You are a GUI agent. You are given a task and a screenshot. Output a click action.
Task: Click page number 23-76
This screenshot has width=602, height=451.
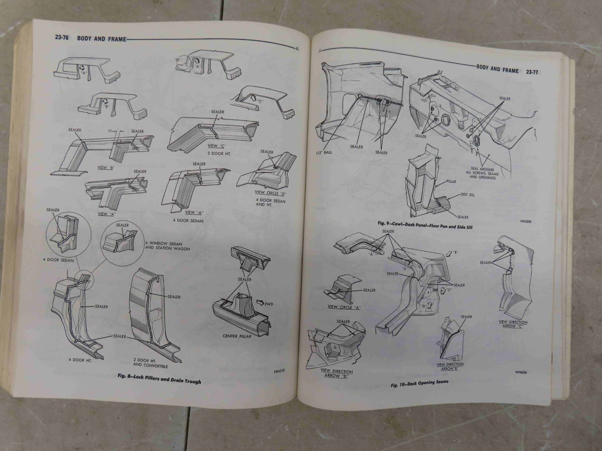[62, 37]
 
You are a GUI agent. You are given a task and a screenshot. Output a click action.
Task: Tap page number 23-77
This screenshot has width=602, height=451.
[532, 72]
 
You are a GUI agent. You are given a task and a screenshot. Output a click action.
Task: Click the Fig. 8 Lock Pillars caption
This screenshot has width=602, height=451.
[160, 379]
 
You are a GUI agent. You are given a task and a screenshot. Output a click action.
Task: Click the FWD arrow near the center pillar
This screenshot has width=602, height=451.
[263, 303]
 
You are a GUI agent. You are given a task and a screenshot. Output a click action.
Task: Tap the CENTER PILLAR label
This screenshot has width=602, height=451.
[237, 336]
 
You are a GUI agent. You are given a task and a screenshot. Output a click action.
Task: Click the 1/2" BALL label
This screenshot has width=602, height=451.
[324, 152]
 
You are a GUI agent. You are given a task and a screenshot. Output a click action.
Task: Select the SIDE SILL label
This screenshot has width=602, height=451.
[468, 194]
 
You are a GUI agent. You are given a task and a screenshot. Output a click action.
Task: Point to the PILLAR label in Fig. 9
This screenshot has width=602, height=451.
[451, 182]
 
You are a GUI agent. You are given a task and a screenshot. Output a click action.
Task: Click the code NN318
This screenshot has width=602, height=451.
[279, 371]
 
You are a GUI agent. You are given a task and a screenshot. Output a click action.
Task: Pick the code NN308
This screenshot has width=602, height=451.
[526, 221]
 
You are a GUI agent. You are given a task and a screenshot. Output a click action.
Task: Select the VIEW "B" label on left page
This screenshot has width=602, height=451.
[105, 168]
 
